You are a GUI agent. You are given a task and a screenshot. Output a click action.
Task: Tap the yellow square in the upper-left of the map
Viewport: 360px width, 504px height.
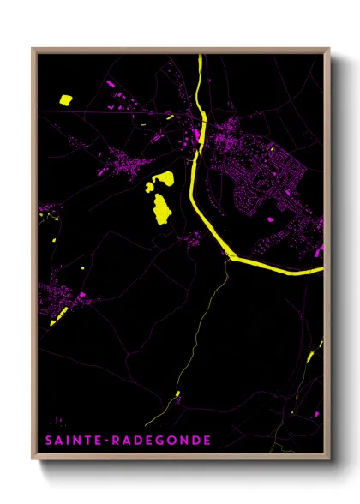tap(66, 100)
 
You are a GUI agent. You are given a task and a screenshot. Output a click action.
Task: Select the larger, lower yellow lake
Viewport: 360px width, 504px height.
tap(160, 207)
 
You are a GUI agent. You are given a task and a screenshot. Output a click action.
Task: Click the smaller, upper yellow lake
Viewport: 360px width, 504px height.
tap(164, 178)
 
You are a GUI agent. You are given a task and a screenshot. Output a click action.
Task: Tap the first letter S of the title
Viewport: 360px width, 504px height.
tap(48, 441)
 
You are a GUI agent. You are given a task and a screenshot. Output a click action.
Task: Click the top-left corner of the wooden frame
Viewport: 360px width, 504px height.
tap(33, 49)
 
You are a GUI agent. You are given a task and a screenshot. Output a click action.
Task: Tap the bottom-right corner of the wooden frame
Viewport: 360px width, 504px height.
tap(329, 460)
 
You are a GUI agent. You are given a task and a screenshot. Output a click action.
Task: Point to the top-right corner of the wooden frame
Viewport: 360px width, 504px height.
tap(329, 49)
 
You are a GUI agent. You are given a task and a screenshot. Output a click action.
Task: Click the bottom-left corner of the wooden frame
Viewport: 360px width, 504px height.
tap(33, 460)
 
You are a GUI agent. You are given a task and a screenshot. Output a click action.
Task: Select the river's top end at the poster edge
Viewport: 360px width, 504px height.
tap(200, 57)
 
